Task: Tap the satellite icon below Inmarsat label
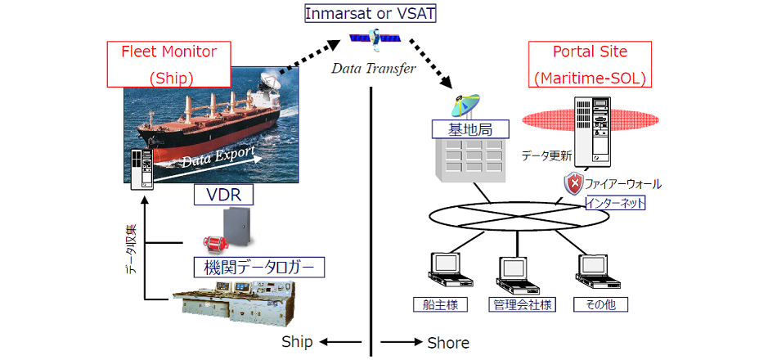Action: pos(375,38)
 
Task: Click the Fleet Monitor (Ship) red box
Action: pos(168,65)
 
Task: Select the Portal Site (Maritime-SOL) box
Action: pos(591,65)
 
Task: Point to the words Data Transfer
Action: pos(373,68)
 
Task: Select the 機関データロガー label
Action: pos(258,267)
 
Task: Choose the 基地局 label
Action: pos(470,128)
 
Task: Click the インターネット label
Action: pos(615,202)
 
